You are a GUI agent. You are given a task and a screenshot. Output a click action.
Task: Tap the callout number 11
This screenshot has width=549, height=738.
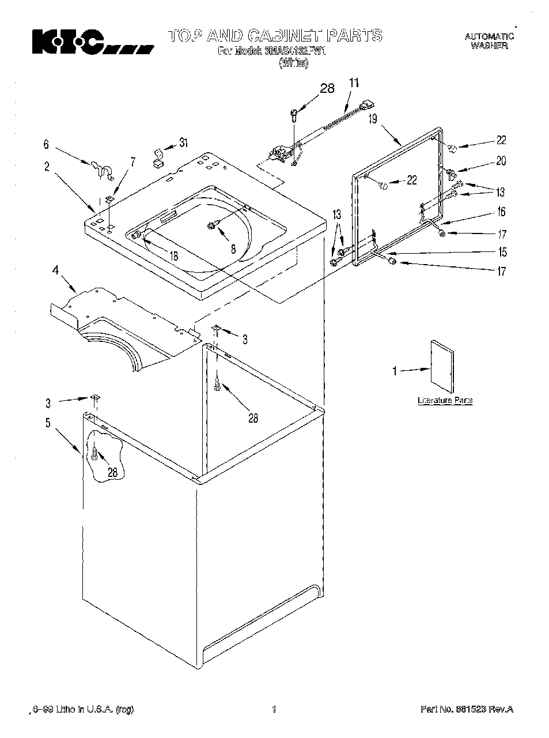[x=353, y=83]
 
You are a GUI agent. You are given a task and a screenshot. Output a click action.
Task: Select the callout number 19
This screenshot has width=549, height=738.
[x=373, y=119]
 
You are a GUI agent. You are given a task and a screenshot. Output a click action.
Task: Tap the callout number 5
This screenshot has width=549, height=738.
[x=48, y=423]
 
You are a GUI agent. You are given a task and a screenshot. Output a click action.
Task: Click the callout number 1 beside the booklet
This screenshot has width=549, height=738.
[x=395, y=371]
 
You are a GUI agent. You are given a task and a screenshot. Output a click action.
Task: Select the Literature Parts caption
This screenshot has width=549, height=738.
[x=445, y=400]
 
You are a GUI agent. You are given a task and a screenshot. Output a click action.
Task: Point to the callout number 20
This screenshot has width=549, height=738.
[x=501, y=161]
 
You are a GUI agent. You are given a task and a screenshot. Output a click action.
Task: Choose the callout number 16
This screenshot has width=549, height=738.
[x=501, y=212]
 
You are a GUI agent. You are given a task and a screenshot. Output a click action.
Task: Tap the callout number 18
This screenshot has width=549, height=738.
[x=173, y=256]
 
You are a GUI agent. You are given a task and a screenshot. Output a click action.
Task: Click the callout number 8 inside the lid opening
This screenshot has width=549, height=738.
[x=233, y=250]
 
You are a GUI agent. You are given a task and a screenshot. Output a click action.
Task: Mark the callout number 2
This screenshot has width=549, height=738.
[x=46, y=167]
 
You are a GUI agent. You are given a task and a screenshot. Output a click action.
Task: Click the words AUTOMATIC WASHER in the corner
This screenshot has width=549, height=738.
[x=489, y=41]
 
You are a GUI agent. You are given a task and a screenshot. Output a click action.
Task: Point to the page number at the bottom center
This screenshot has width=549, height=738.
[x=274, y=709]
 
